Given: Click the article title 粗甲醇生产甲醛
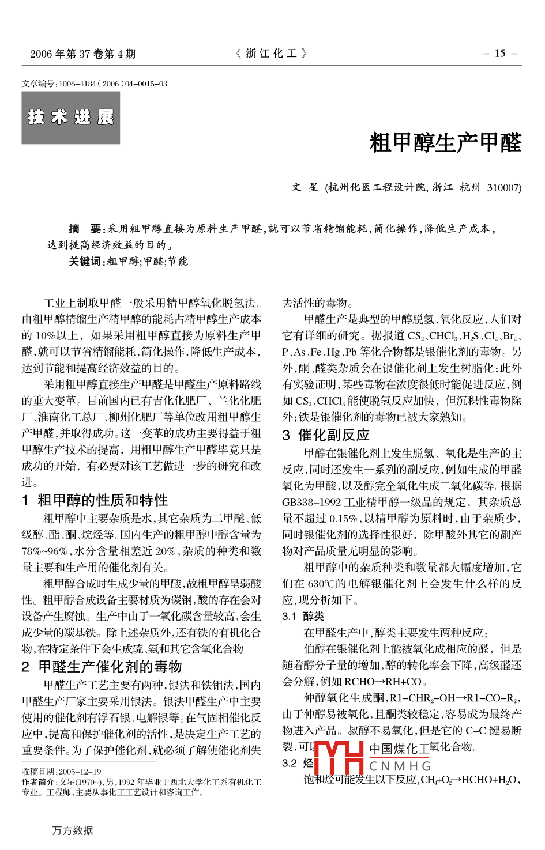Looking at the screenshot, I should click(445, 142).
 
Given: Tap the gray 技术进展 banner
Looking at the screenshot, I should click(71, 118).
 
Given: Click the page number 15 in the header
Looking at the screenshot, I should click(500, 54).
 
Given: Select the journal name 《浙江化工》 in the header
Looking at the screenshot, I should click(272, 54).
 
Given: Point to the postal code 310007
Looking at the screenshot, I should click(504, 187).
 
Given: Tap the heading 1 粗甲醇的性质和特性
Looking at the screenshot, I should click(95, 500).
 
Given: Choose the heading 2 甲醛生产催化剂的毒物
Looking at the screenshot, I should click(102, 667).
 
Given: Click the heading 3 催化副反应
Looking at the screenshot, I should click(326, 435).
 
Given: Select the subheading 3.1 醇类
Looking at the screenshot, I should click(303, 616).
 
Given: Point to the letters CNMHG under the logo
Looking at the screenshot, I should click(400, 766).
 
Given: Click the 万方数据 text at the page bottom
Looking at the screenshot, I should click(73, 830).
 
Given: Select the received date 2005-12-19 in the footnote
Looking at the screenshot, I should click(80, 771).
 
